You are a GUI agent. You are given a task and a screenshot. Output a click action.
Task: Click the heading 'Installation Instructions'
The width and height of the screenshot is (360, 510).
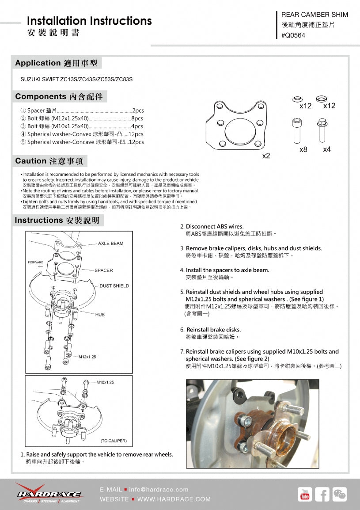89,21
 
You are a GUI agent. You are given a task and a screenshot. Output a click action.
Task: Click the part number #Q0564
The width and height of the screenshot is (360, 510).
293,36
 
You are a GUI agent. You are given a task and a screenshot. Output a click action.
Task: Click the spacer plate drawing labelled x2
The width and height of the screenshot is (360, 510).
238,126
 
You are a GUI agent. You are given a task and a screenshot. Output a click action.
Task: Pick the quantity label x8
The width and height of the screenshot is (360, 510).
303,150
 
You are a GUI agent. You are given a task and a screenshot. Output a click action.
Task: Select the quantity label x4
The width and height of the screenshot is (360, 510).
327,150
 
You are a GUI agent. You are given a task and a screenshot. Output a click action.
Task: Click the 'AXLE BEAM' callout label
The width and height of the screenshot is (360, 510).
110,244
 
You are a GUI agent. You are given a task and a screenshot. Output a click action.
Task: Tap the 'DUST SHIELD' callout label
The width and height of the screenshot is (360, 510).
114,286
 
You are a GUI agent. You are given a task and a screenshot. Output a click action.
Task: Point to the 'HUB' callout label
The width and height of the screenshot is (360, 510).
100,315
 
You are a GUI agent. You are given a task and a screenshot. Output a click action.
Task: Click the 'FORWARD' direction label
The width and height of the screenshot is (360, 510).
36,263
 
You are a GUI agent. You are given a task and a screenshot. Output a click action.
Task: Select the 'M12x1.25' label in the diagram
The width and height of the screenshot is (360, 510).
87,357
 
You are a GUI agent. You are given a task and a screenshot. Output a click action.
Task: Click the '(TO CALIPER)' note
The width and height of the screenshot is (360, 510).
114,441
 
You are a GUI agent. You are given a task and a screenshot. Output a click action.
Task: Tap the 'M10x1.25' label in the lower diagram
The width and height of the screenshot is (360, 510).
105,382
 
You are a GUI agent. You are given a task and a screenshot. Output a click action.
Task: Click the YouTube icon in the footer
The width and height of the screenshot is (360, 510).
305,495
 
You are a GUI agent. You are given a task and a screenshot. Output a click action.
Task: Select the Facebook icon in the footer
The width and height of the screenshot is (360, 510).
322,495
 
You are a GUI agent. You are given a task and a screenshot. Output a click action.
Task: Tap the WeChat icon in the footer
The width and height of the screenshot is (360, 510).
340,495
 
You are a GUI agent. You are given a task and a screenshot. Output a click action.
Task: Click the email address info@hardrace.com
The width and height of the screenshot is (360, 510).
159,489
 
